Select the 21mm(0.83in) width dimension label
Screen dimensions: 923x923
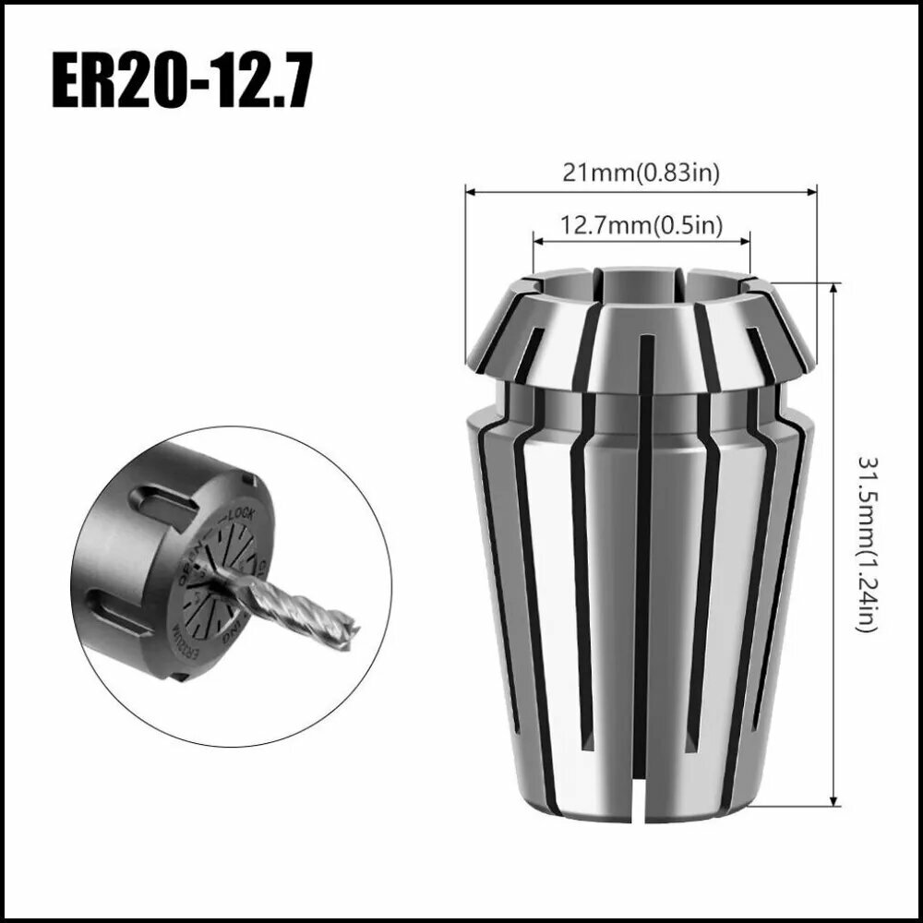click(641, 172)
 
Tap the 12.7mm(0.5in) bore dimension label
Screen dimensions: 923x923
click(641, 224)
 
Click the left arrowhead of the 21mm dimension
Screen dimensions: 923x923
click(470, 192)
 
